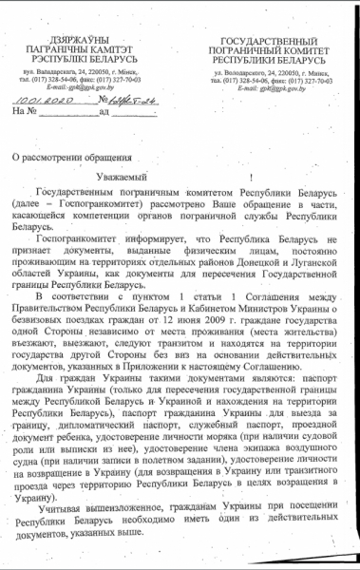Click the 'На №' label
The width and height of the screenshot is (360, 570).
(x=26, y=140)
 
